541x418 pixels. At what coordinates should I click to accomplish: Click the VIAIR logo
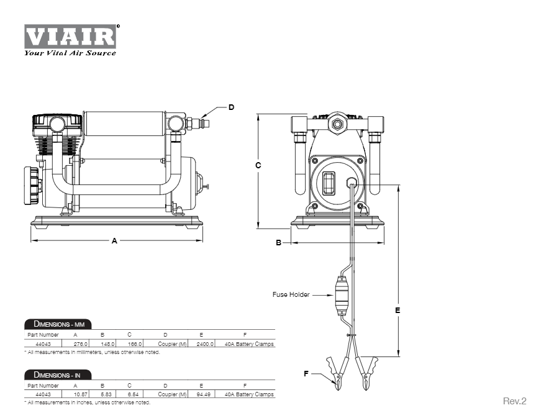pos(70,39)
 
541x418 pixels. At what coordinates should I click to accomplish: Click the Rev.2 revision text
pos(514,401)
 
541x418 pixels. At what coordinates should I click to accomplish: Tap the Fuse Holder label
pos(291,294)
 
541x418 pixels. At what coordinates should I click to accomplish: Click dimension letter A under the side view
pos(114,241)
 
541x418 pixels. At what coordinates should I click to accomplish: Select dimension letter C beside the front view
pos(258,165)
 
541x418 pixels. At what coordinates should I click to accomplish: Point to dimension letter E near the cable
pos(398,309)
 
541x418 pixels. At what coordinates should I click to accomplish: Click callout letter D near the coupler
pos(231,107)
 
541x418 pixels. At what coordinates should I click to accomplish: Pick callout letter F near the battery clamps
pos(306,374)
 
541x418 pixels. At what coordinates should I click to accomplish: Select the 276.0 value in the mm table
pos(81,343)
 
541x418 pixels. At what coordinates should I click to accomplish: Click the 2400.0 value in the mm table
pos(205,343)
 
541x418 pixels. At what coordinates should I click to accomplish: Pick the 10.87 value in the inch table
pos(81,394)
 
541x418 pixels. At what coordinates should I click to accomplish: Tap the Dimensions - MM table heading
pos(58,324)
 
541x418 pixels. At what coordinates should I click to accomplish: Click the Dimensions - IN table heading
pos(58,375)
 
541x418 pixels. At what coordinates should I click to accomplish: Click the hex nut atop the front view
pos(338,123)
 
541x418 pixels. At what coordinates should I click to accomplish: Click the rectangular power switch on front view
pos(330,184)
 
